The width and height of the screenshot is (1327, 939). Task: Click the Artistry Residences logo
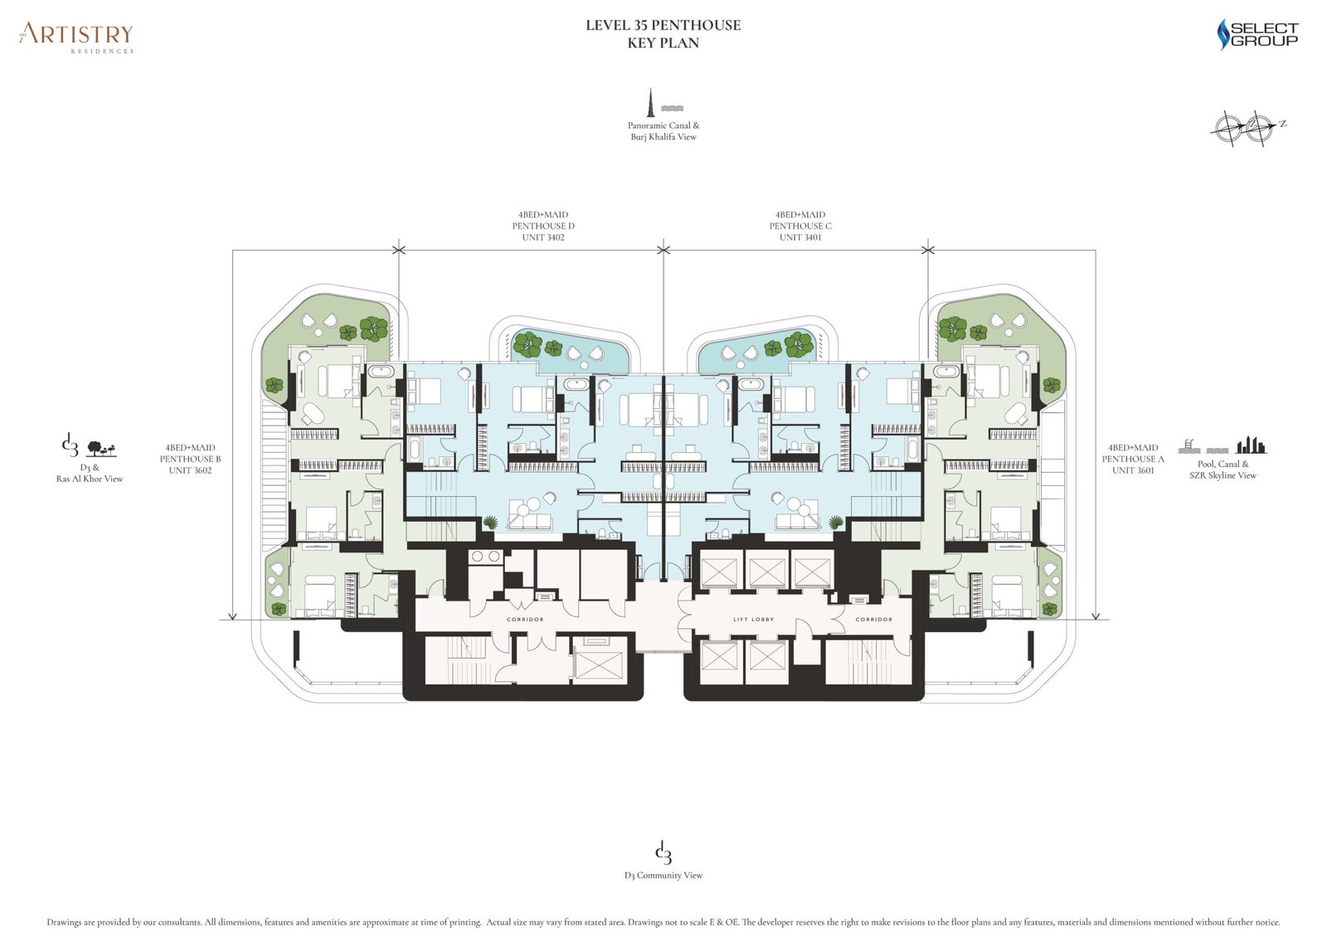(x=76, y=36)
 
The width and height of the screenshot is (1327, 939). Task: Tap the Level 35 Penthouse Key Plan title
(x=663, y=34)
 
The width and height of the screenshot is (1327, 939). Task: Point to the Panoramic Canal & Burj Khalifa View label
(x=663, y=131)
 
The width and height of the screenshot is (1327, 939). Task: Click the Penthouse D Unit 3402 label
(x=543, y=226)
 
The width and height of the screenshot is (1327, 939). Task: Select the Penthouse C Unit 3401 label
(x=800, y=226)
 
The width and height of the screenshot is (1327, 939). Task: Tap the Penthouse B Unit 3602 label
(x=191, y=459)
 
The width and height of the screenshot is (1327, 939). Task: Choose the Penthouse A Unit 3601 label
(x=1133, y=459)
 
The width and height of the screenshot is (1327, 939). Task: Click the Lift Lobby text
(x=753, y=620)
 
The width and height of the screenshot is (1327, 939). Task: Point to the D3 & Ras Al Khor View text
(x=90, y=473)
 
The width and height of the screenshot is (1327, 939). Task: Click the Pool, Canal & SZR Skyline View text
(x=1222, y=469)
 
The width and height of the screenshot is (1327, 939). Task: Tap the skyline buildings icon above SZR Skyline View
(x=1252, y=445)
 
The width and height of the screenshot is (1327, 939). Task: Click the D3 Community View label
(x=663, y=875)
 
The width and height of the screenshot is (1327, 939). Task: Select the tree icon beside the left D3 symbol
(x=101, y=449)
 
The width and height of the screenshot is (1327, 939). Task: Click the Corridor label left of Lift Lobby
(x=525, y=620)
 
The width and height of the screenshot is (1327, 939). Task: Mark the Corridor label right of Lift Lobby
(x=874, y=620)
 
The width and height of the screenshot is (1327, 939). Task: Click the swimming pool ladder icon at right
(x=1188, y=446)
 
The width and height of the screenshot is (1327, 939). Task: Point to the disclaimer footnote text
(x=663, y=922)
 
